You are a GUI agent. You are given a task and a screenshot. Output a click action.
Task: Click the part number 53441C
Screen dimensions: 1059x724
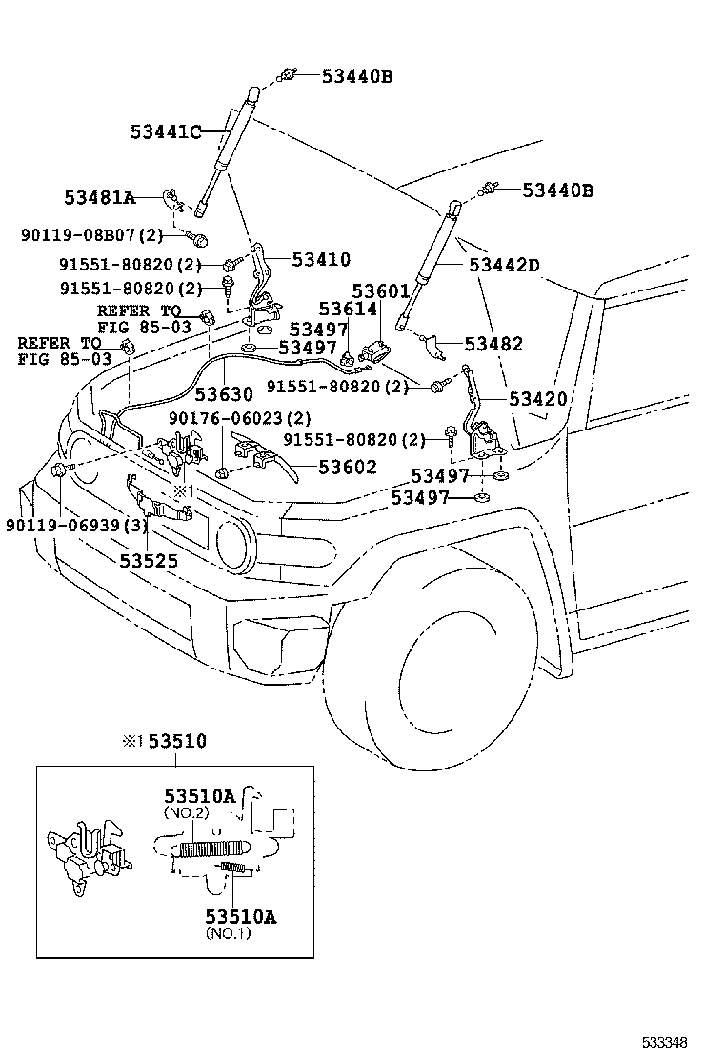point(166,132)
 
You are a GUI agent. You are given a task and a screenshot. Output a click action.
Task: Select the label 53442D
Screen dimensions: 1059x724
point(504,265)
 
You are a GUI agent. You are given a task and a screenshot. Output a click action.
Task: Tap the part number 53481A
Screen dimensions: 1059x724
point(99,198)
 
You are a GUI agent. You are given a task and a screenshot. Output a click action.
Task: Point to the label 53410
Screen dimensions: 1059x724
point(321,259)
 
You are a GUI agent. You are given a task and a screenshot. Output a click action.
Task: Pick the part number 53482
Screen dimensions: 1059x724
point(493,344)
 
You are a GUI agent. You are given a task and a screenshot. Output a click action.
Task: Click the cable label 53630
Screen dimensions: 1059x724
point(224,393)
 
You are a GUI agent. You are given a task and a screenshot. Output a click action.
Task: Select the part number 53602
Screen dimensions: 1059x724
point(347,467)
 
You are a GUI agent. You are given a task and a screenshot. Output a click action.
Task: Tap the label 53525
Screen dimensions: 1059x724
point(149,561)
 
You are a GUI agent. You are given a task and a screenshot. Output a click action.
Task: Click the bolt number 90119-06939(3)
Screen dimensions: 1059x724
point(76,525)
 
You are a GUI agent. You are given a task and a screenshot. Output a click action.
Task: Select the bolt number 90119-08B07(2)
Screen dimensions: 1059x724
point(91,234)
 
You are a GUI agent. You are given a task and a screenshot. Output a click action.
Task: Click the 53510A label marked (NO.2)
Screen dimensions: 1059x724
point(199,796)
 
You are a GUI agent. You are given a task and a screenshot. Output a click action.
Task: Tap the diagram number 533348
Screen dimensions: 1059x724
point(664,1043)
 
